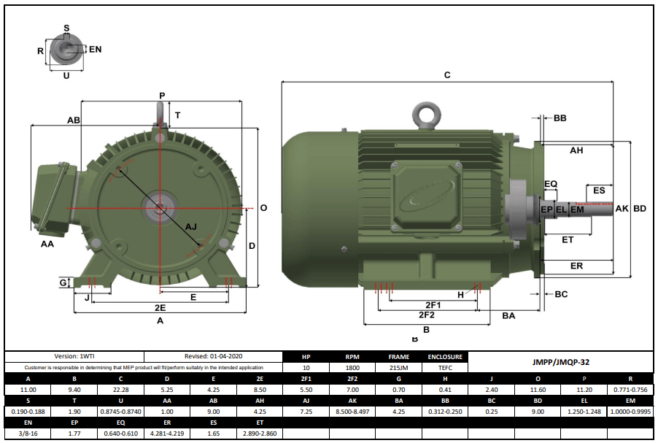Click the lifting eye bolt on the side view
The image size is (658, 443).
[425, 115]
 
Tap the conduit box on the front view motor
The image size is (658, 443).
[53, 196]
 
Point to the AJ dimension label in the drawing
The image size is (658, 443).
[192, 227]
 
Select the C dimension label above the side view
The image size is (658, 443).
[447, 75]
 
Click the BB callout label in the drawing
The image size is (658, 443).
[560, 118]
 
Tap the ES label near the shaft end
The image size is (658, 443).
[599, 190]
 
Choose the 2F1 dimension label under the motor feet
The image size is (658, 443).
[433, 304]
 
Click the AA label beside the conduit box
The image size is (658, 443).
[47, 244]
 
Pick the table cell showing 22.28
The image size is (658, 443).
[120, 390]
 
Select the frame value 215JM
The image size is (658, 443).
[398, 368]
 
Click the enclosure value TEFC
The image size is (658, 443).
[444, 368]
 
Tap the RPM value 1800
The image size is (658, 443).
[352, 368]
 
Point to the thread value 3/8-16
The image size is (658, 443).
[28, 434]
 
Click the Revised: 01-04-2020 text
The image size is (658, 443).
[212, 357]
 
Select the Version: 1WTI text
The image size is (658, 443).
[74, 357]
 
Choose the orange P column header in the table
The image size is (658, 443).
[584, 379]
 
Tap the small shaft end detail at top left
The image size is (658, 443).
[66, 50]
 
